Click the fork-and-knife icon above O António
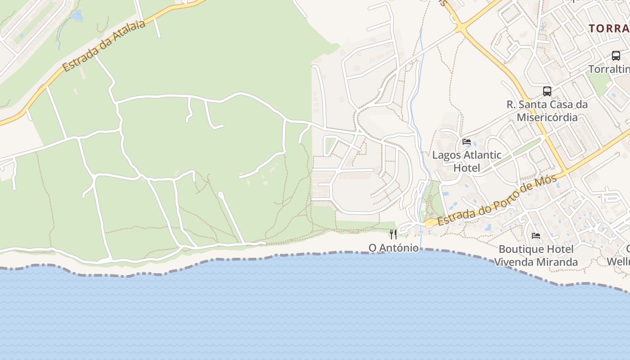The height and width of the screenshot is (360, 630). pos(393,234)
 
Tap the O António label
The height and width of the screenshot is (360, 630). pos(393,248)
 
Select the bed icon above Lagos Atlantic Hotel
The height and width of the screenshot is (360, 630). pos(467,142)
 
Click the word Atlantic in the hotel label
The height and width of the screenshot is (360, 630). pos(478,155)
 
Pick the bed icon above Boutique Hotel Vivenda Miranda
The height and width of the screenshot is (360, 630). pos(535,235)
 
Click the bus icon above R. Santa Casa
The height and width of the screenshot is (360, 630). pos(547,91)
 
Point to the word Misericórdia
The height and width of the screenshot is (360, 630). pos(547,117)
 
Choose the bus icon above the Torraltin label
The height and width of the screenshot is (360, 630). pos(616,56)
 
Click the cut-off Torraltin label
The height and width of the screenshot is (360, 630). pos(609,69)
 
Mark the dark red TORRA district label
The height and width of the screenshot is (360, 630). pos(609,28)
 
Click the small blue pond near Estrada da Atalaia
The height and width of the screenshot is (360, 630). pos(77,16)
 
